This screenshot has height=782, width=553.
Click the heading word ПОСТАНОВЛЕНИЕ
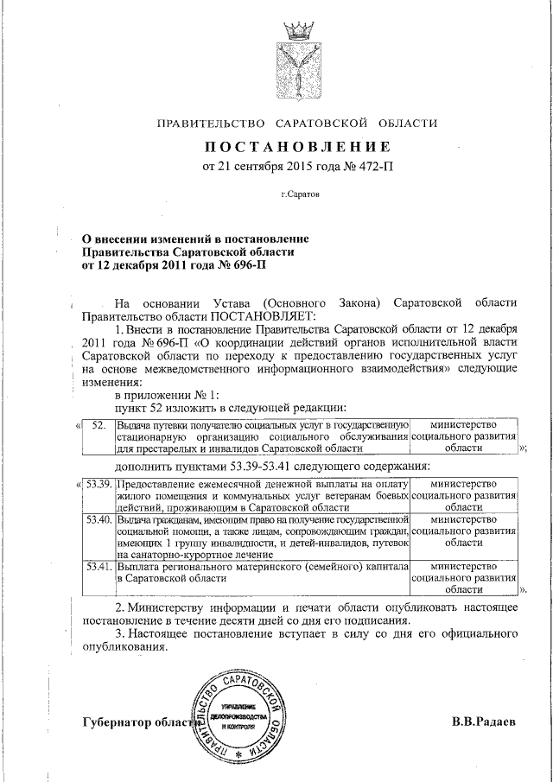pyautogui.click(x=297, y=145)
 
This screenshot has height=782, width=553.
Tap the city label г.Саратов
pyautogui.click(x=300, y=194)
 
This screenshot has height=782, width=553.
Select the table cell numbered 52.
pyautogui.click(x=98, y=425)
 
